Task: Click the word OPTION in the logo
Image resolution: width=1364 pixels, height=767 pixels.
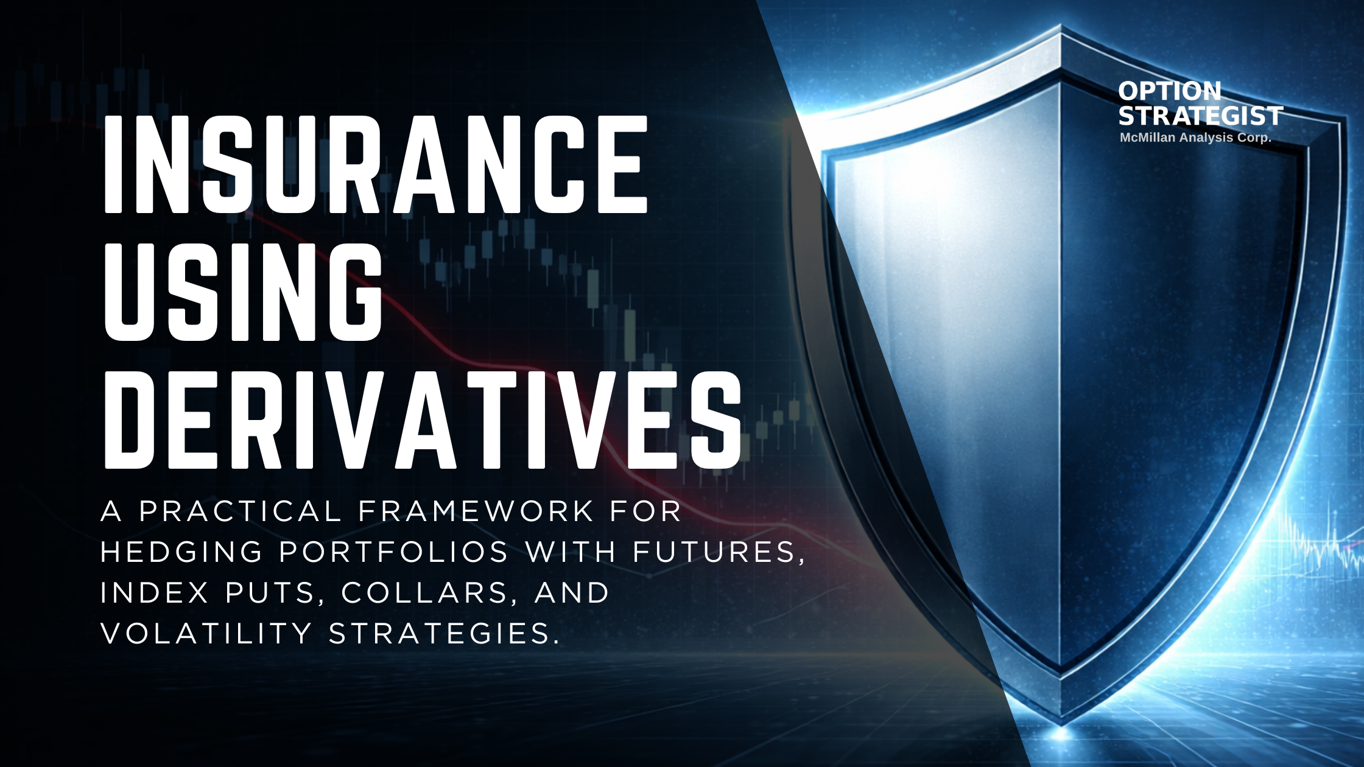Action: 1169,91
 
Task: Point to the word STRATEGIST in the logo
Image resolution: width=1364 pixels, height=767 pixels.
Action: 1200,116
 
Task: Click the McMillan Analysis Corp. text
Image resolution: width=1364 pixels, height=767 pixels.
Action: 1195,138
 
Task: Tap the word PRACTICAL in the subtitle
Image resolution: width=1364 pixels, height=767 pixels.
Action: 240,511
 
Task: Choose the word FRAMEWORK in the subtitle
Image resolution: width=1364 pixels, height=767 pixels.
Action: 476,511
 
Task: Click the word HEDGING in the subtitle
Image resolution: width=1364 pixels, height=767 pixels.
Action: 181,552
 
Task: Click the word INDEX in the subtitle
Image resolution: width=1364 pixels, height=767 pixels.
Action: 155,592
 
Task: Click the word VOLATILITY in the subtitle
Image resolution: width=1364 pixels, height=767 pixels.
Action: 206,633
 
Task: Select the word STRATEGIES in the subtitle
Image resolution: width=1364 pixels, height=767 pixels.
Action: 443,633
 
